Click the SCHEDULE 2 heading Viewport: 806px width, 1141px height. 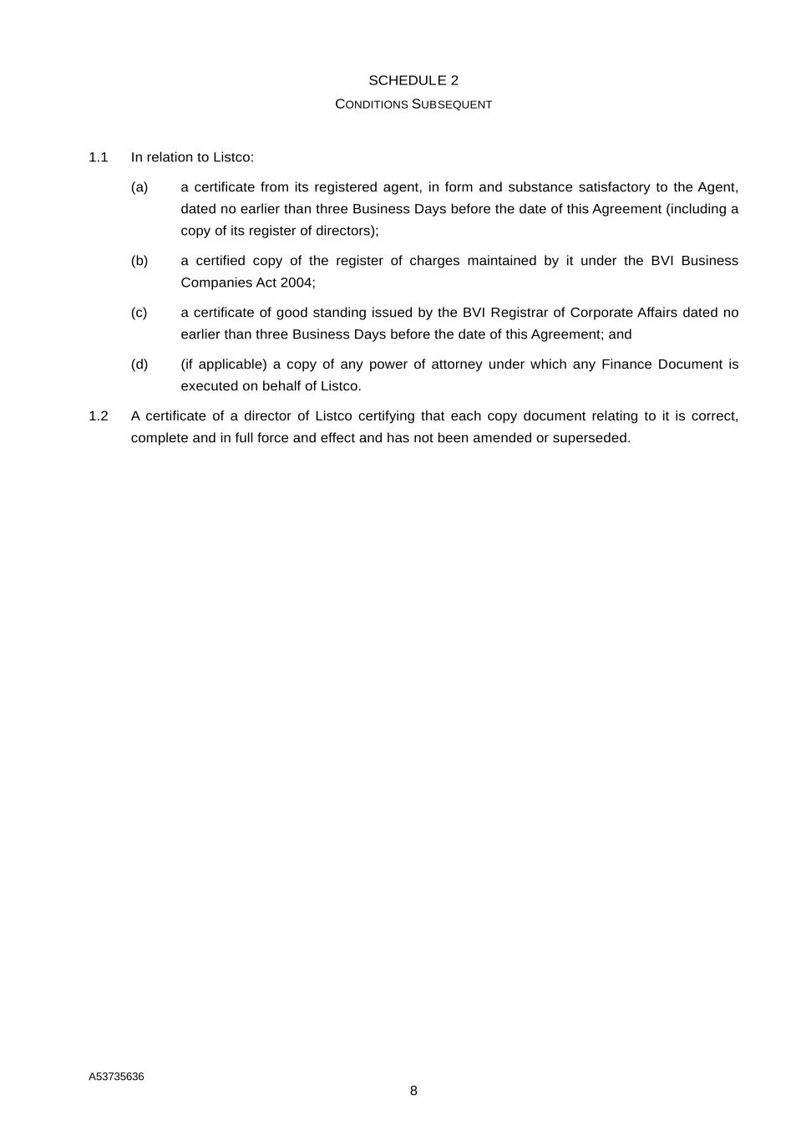point(413,80)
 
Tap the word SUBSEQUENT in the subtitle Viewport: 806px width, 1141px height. point(452,104)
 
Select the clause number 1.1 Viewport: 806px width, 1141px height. point(99,157)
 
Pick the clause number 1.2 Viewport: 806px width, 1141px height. point(99,416)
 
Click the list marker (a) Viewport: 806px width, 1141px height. point(139,187)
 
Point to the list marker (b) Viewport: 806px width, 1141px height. point(139,261)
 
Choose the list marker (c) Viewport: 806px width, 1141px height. point(139,313)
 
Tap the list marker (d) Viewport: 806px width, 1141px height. point(139,364)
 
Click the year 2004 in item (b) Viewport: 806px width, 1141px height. point(297,283)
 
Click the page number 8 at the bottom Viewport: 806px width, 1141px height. point(413,1091)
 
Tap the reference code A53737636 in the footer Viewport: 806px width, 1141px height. point(116,1077)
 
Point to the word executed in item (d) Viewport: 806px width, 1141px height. point(209,386)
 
